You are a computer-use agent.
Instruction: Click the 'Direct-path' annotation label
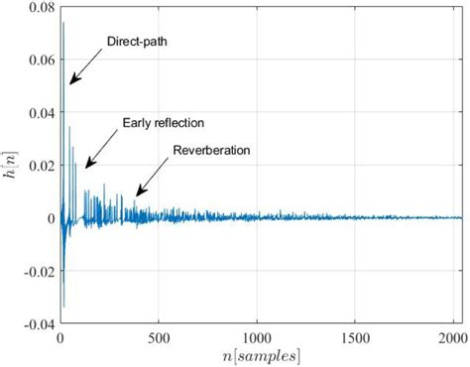pos(136,42)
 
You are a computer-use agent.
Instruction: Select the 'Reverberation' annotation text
pos(211,151)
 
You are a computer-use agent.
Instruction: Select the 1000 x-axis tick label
pos(258,336)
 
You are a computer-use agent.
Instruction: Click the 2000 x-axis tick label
pos(454,336)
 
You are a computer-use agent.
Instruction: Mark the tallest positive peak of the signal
pos(63,23)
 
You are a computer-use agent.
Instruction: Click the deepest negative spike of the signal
pos(63,306)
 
